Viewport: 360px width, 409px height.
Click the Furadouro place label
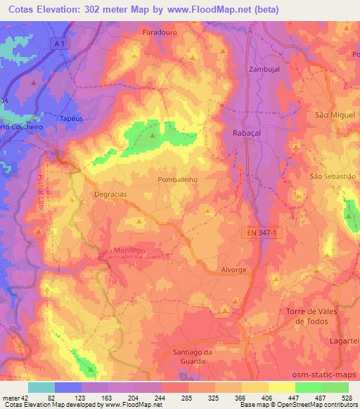coord(157,33)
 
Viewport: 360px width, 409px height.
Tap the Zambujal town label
coord(265,70)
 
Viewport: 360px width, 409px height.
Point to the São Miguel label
coord(335,115)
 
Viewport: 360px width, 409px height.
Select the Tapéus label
coord(72,119)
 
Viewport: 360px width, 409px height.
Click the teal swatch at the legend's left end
coord(41,387)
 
